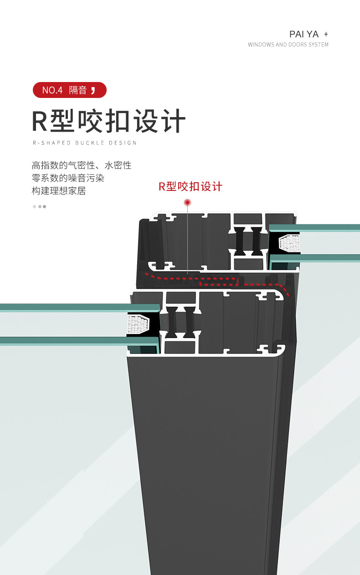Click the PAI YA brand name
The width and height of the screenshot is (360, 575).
[304, 34]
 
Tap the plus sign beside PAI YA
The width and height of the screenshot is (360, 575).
[326, 34]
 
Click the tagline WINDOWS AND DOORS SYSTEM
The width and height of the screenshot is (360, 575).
[288, 45]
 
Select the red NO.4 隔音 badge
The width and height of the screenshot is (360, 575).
[70, 90]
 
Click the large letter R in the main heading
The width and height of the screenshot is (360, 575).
[40, 121]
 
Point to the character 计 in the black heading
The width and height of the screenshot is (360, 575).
[174, 121]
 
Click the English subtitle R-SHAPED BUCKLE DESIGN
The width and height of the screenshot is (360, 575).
[85, 143]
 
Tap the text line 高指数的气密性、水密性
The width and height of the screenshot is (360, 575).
[82, 165]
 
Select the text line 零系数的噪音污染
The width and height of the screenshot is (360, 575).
[68, 178]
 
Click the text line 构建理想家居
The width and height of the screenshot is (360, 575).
[59, 191]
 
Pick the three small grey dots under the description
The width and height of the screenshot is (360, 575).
[39, 207]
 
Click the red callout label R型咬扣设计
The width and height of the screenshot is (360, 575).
[190, 187]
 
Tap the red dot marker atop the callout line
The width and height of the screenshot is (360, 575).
[187, 203]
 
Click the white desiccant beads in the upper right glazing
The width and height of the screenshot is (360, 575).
[290, 242]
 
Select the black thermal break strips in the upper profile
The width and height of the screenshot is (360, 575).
[248, 241]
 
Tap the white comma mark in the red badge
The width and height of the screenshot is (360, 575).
[93, 90]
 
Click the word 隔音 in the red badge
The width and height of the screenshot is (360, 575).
[78, 90]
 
